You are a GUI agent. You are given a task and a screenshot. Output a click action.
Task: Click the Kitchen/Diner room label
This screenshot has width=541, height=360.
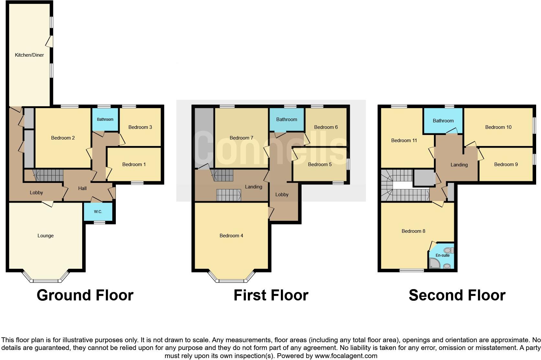(29, 55)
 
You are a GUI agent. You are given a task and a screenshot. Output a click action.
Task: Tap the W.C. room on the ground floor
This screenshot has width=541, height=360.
(98, 212)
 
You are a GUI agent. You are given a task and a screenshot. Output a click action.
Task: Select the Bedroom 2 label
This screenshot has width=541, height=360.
(63, 138)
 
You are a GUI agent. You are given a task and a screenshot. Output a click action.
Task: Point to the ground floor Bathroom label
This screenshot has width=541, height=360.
(105, 119)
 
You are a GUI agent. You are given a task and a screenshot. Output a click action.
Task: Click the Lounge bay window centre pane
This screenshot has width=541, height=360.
(46, 281)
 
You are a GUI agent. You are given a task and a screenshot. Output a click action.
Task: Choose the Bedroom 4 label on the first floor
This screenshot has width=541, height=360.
(231, 236)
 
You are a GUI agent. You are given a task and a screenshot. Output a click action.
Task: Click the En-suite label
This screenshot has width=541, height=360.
(442, 255)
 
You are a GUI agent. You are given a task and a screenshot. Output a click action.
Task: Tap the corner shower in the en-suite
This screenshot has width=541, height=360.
(434, 264)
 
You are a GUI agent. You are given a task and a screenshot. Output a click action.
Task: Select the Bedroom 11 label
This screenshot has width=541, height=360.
(404, 141)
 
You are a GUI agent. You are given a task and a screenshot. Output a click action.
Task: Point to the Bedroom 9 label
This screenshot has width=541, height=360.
(506, 164)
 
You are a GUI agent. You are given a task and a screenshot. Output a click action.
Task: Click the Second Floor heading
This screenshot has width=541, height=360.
(457, 295)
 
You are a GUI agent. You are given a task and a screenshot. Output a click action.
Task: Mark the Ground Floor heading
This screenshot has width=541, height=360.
(85, 295)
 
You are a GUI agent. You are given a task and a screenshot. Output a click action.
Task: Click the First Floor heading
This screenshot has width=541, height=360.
(271, 295)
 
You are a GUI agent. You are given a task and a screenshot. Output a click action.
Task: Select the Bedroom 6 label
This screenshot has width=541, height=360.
(326, 127)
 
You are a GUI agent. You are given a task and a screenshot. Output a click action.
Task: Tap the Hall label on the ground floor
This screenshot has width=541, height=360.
(83, 188)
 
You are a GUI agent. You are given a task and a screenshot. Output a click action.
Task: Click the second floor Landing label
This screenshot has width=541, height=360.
(459, 165)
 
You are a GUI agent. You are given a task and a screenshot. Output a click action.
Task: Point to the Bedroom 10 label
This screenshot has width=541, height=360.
(498, 127)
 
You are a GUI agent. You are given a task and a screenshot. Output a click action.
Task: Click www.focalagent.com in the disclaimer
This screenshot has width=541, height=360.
(346, 356)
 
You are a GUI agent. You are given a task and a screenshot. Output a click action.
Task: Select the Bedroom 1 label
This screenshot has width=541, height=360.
(134, 164)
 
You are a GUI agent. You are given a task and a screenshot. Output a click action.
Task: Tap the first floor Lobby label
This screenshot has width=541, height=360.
(282, 195)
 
